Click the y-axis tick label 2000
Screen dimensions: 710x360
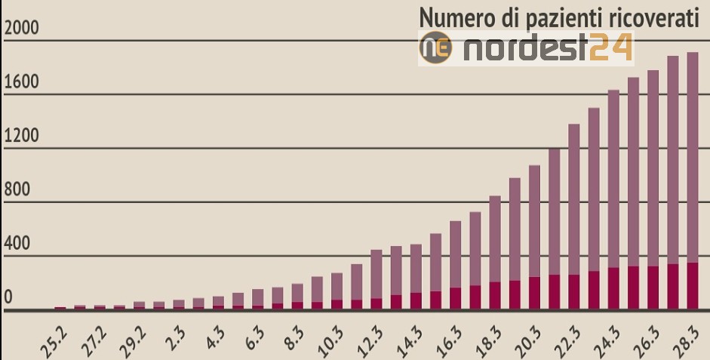click(21, 28)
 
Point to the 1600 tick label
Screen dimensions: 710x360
click(21, 82)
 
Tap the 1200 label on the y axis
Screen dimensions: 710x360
click(21, 136)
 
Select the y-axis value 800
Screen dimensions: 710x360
click(17, 189)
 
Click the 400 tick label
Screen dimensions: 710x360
click(17, 243)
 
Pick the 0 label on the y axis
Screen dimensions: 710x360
click(8, 297)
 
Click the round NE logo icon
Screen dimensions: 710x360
click(435, 48)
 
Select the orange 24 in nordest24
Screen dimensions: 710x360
click(611, 48)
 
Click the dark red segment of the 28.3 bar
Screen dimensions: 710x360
click(693, 286)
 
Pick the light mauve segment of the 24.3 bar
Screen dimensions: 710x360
click(613, 179)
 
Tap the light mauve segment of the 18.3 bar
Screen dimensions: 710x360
click(495, 239)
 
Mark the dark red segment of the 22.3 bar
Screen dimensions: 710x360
click(573, 292)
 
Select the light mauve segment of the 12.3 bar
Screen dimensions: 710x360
click(377, 275)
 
